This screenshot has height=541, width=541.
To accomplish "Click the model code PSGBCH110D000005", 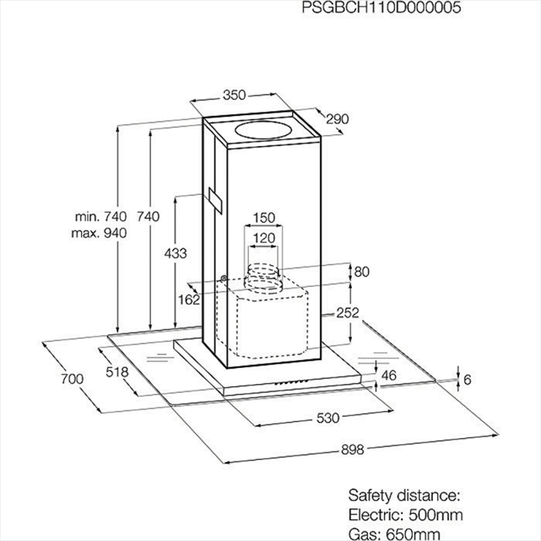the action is [x=381, y=7].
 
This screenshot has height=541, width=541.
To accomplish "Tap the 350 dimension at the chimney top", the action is [x=234, y=95].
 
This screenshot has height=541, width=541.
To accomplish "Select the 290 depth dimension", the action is [x=337, y=119].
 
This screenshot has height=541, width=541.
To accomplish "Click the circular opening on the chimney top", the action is [x=263, y=130].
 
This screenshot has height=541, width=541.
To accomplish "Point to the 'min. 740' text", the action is [x=101, y=216].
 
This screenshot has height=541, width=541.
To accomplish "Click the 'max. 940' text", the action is [x=99, y=233].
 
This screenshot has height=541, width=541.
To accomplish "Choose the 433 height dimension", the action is [x=175, y=253].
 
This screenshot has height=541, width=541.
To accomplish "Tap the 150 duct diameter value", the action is [x=264, y=218].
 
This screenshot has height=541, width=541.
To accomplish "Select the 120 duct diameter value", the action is [x=264, y=238].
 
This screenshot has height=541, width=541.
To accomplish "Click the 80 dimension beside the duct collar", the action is [x=362, y=272].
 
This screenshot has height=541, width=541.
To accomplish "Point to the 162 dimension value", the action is [x=189, y=300].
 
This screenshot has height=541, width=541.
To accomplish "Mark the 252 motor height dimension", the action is [x=348, y=313].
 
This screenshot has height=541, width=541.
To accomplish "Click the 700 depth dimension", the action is [x=72, y=379].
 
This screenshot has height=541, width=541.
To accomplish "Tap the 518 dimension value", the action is [x=117, y=372].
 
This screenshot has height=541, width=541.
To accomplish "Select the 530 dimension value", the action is [x=328, y=418].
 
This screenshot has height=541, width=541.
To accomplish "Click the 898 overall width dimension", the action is [x=353, y=450].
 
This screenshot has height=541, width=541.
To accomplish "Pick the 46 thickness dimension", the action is [x=389, y=376].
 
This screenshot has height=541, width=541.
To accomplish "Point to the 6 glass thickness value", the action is [x=467, y=380].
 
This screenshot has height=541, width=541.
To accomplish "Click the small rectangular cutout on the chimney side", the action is [x=215, y=201].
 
